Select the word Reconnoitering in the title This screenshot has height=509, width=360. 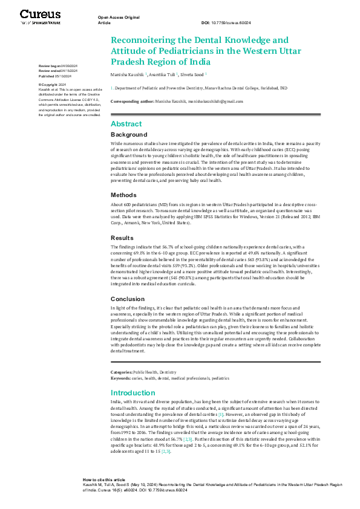[148, 41]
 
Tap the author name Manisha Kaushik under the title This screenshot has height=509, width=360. [126, 75]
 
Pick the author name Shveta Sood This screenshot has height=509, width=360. [193, 75]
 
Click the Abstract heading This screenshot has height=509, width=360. [126, 124]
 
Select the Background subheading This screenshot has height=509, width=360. [129, 134]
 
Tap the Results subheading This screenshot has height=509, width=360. [122, 238]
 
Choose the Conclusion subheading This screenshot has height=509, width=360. [128, 299]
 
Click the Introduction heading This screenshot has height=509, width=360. [133, 393]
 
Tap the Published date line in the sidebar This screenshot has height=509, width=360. [54, 76]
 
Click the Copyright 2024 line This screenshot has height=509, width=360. [52, 85]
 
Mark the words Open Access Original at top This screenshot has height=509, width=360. [119, 17]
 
